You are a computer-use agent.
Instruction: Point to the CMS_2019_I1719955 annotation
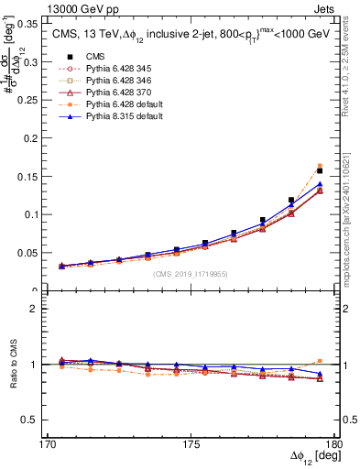191,274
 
